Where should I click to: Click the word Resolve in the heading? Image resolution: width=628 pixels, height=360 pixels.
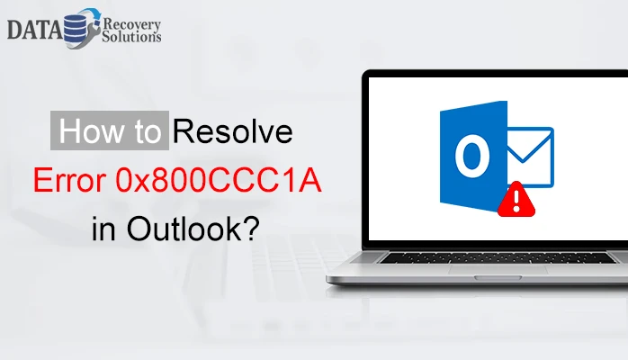tap(232, 133)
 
